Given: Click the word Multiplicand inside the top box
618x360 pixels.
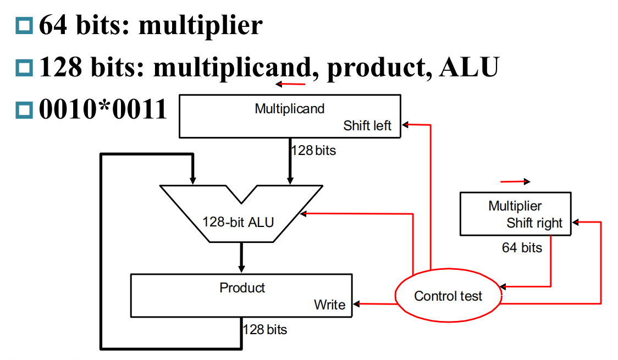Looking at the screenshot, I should pos(289,108).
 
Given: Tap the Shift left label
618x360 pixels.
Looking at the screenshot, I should pos(367,126).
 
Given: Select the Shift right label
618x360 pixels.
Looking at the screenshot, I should pos(534,223).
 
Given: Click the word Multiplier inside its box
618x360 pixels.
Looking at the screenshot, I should pos(515,206).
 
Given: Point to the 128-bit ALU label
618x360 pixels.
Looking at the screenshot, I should pos(238,222).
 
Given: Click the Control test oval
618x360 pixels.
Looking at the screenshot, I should pos(448,296).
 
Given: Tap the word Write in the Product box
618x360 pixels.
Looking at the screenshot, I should pos(329,304).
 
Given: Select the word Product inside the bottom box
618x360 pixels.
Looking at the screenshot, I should pos(242,287).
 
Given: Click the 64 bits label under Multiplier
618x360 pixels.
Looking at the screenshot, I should pos(521,248).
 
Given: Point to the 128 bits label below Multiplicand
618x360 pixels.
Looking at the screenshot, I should pos(313,150).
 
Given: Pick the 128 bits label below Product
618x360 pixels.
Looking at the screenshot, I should pos(265,330).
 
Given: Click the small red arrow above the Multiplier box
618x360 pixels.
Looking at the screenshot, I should pos(515,181).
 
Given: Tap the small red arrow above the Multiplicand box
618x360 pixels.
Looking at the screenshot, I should pos(291,84).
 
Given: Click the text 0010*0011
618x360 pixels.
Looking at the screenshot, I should pos(103,109).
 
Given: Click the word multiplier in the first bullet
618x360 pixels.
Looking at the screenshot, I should pos(200,25).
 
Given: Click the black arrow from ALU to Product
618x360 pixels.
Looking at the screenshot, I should pos(241,257).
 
